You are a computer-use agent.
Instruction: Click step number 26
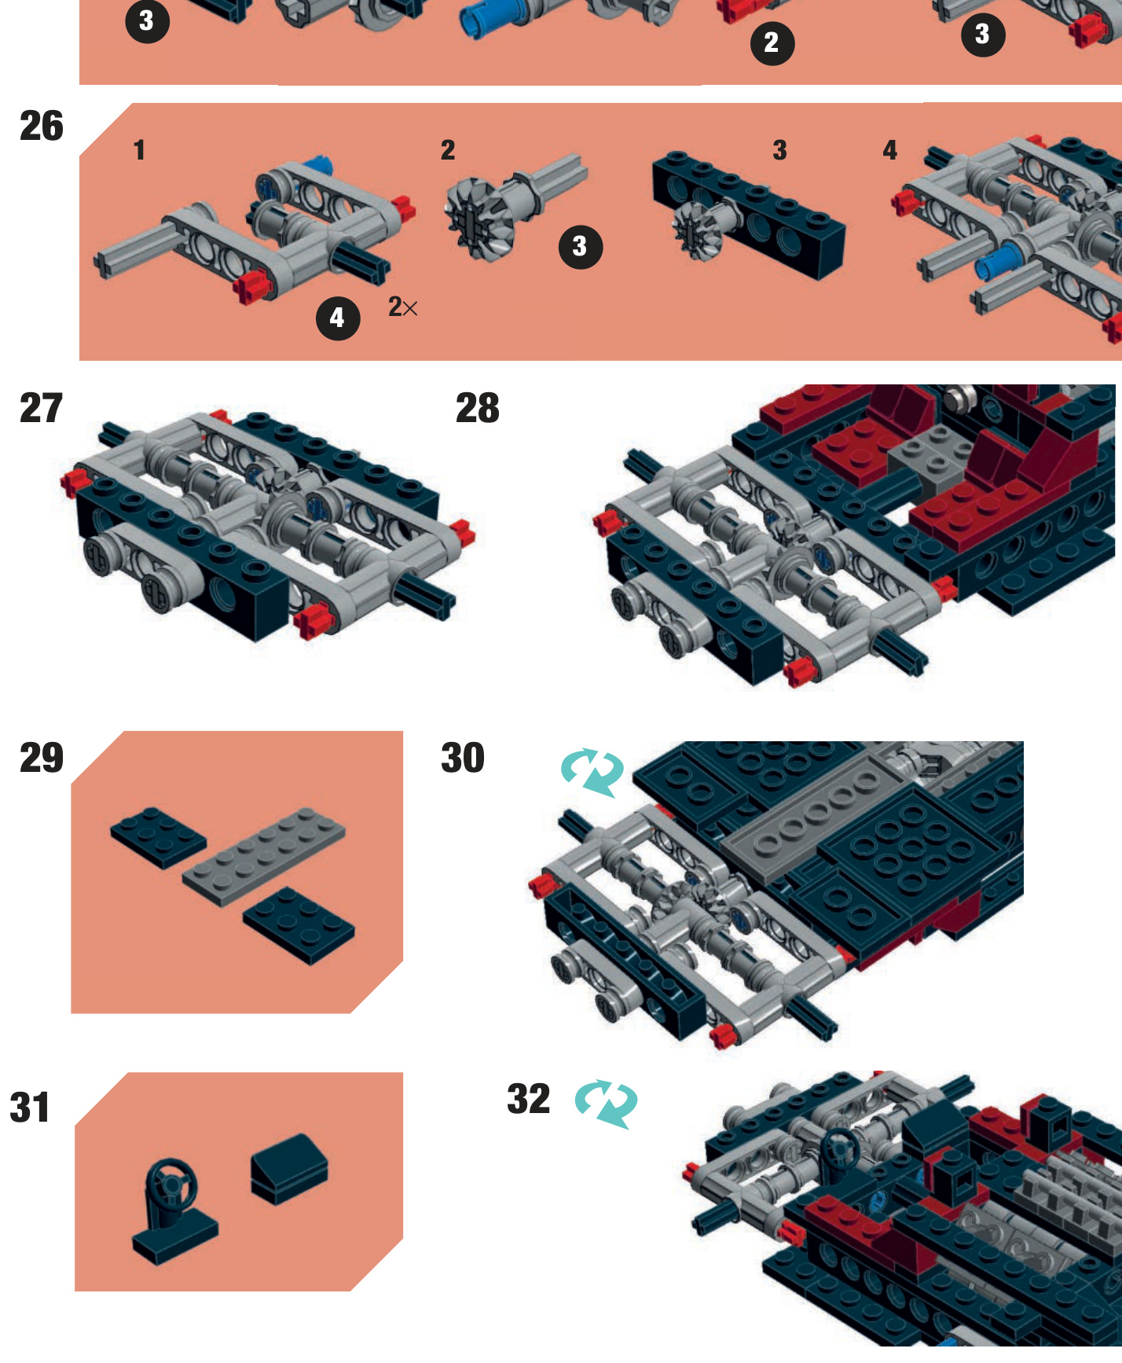click(42, 126)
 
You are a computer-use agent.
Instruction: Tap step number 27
click(41, 408)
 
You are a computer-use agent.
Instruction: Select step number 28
click(478, 408)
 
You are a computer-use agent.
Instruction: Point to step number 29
click(42, 758)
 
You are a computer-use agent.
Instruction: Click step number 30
click(463, 758)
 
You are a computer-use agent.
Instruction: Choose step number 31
click(30, 1108)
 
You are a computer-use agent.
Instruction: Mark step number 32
click(529, 1099)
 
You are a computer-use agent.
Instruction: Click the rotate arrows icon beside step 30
click(592, 773)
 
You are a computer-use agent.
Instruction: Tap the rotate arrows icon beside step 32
click(606, 1104)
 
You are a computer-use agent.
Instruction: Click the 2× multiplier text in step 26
click(403, 307)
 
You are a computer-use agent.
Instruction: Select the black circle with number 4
click(338, 318)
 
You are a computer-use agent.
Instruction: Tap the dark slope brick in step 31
click(289, 1169)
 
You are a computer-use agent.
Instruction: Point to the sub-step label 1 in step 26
click(139, 150)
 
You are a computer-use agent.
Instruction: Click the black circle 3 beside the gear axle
click(581, 247)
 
